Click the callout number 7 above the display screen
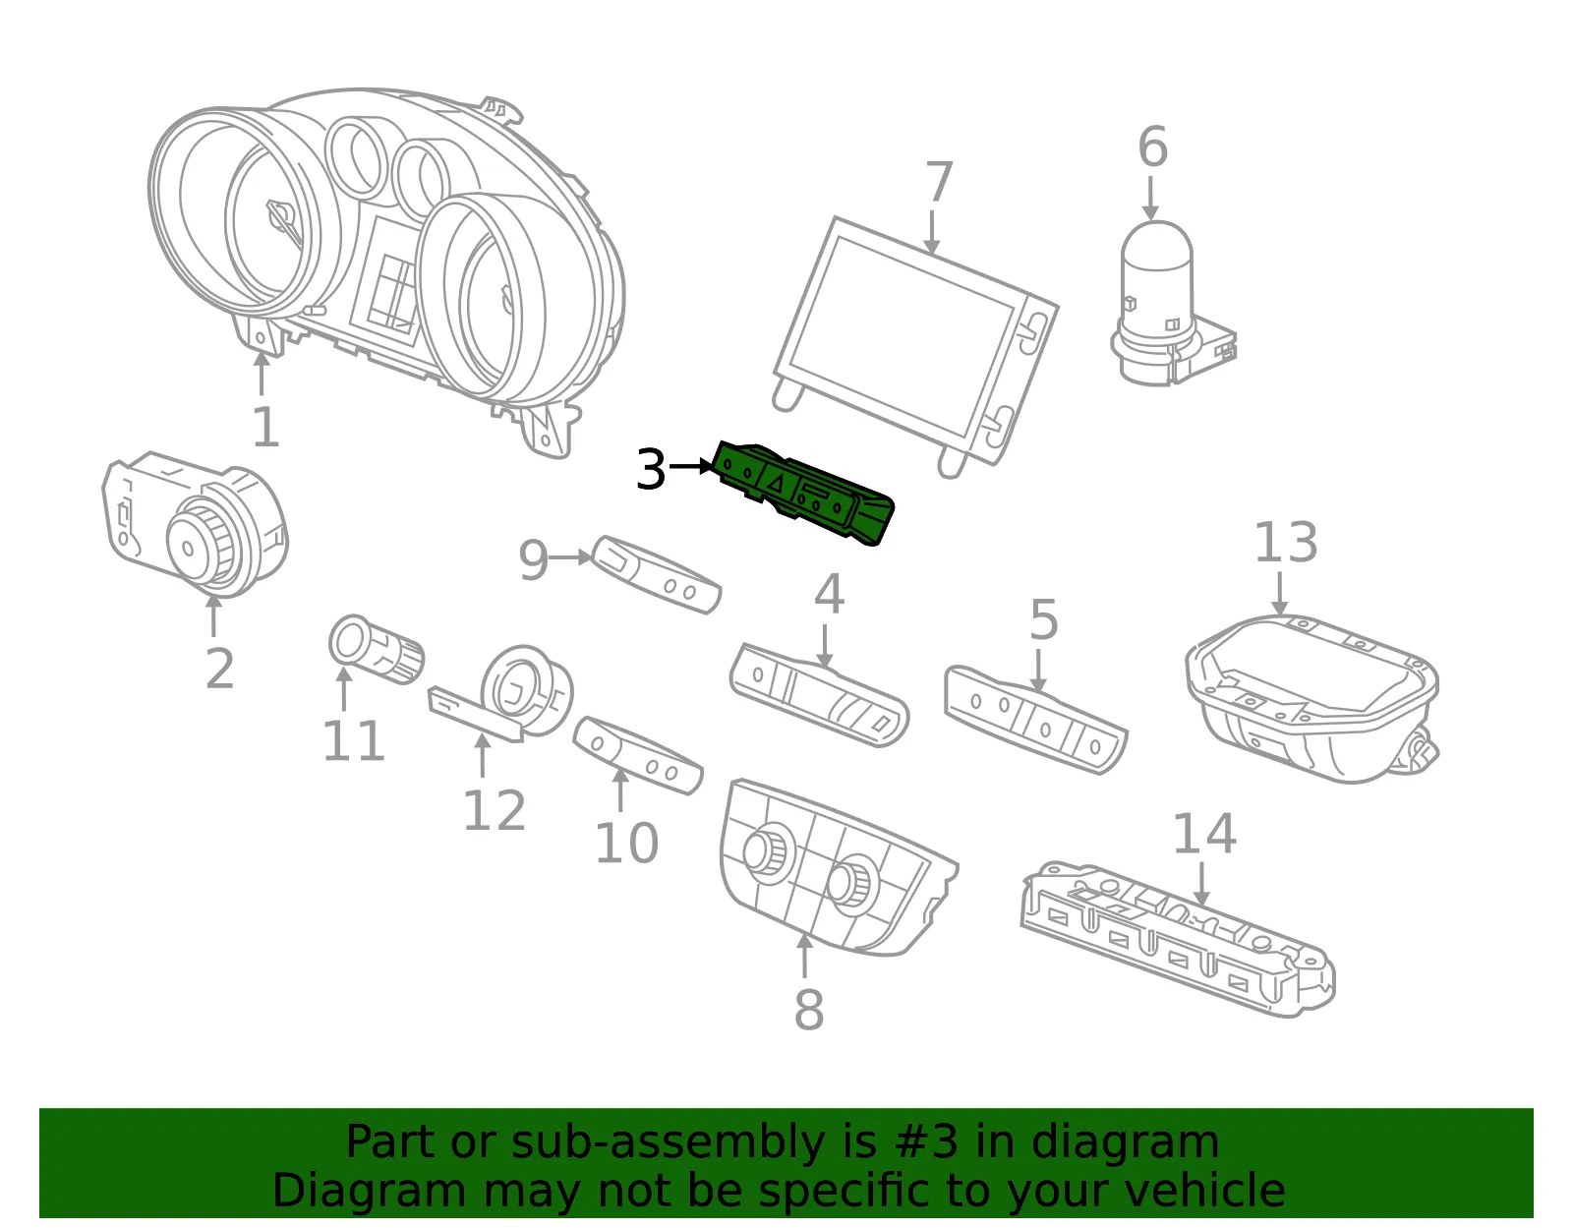[939, 182]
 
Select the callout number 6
[1152, 146]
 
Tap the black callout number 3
[650, 469]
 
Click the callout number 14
[1203, 833]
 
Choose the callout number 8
[808, 1010]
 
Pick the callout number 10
[626, 843]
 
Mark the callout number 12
[494, 810]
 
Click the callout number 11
[353, 740]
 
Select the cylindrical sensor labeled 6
[1173, 304]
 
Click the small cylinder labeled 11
[377, 649]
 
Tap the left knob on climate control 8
[766, 852]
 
